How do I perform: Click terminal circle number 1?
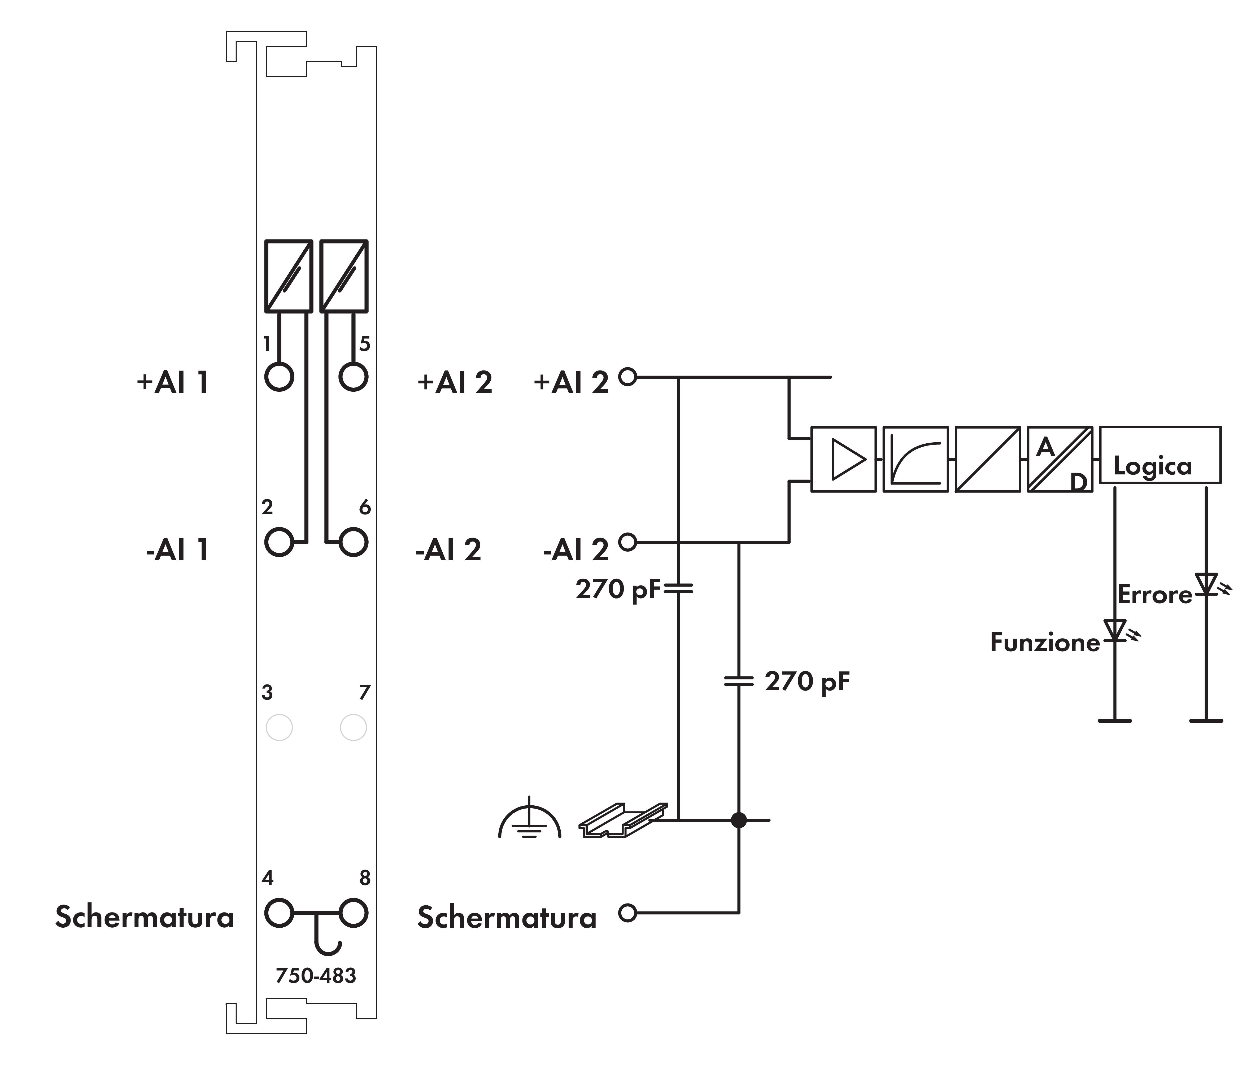(x=279, y=377)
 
